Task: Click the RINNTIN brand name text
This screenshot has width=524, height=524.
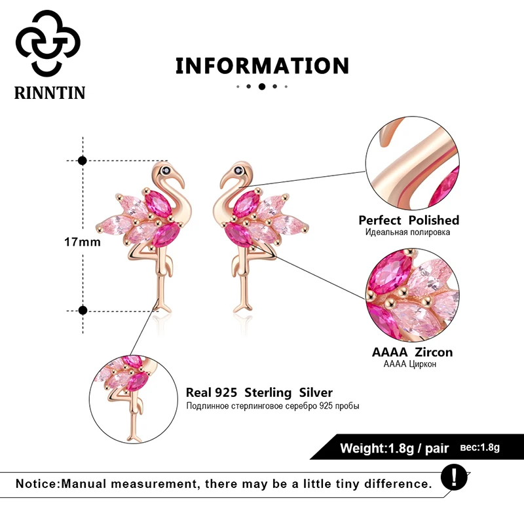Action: coord(50,92)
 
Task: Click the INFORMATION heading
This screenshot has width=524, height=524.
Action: coord(262,65)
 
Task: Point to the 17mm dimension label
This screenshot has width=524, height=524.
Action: coord(82,242)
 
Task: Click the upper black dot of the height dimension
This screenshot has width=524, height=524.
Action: coord(83,160)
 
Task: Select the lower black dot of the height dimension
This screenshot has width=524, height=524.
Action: coord(83,310)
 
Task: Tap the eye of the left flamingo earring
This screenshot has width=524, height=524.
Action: coord(168,171)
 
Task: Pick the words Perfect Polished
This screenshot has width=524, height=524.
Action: coord(409,220)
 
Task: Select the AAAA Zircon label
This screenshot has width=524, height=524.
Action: coord(412,352)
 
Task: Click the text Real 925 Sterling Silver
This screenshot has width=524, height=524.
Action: coord(259,393)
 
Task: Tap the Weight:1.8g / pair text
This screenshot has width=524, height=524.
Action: coord(394,449)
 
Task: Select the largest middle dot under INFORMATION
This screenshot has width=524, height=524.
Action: coord(262,86)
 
